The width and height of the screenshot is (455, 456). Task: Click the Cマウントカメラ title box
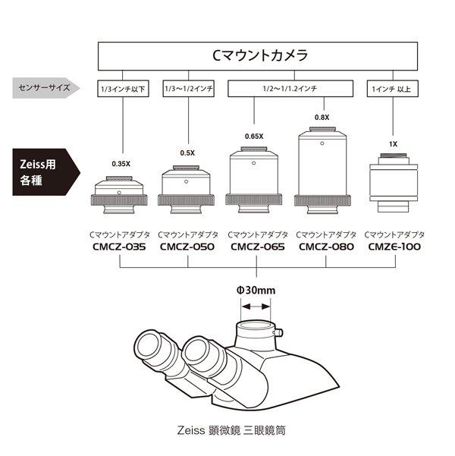(258, 55)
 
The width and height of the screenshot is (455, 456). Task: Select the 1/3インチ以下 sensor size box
(122, 89)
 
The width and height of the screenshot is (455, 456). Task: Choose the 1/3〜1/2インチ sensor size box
(188, 89)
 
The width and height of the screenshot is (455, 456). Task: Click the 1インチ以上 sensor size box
(392, 89)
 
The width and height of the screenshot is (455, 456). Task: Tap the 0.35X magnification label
(121, 163)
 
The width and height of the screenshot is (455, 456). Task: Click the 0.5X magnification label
(187, 153)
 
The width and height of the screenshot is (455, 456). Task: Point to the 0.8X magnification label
(322, 118)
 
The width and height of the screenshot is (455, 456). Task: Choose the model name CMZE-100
(394, 247)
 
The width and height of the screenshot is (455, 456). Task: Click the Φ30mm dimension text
(256, 289)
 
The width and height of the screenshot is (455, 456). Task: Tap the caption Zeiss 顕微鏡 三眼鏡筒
(227, 429)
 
